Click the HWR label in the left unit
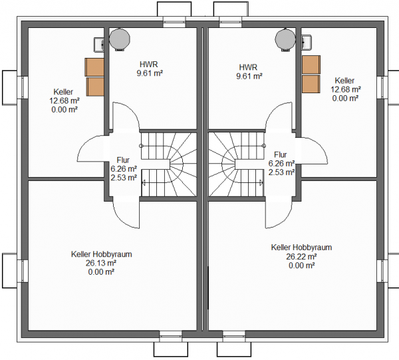coord(148,64)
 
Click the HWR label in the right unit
coord(248,67)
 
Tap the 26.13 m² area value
coord(101,263)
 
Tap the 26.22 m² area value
coord(301,256)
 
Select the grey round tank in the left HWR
coord(119,39)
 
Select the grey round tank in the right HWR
coord(285,40)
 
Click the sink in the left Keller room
coord(99,45)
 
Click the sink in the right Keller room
coord(306,43)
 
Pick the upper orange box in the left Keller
coord(94,67)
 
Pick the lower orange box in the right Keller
coord(311,84)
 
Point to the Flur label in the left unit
coord(123,160)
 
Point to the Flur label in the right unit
coord(281,154)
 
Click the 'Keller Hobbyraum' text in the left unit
coord(102,254)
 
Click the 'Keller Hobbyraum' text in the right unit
coord(301,248)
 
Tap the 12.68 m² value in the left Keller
coord(65,100)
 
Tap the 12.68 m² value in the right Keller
coord(346,89)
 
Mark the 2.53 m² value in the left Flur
coord(124,178)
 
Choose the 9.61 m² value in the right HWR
coord(249,76)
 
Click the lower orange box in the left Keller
coord(95,87)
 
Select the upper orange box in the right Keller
coord(311,65)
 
